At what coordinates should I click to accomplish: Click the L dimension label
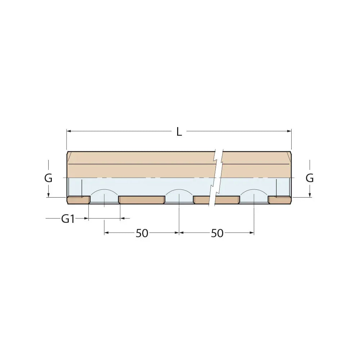(179, 132)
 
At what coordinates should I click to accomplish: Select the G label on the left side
(48, 178)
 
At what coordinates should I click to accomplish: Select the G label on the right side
(310, 178)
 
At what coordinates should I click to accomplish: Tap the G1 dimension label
(68, 219)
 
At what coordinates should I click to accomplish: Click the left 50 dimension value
(142, 233)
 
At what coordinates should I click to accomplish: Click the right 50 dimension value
(217, 233)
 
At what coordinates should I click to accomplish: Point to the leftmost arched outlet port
(104, 196)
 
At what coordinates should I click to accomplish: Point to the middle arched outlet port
(179, 196)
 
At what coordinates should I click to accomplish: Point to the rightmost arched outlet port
(254, 196)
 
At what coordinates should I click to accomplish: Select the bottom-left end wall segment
(78, 200)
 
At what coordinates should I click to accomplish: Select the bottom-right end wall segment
(280, 200)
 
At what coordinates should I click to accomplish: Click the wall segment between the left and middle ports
(142, 200)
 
